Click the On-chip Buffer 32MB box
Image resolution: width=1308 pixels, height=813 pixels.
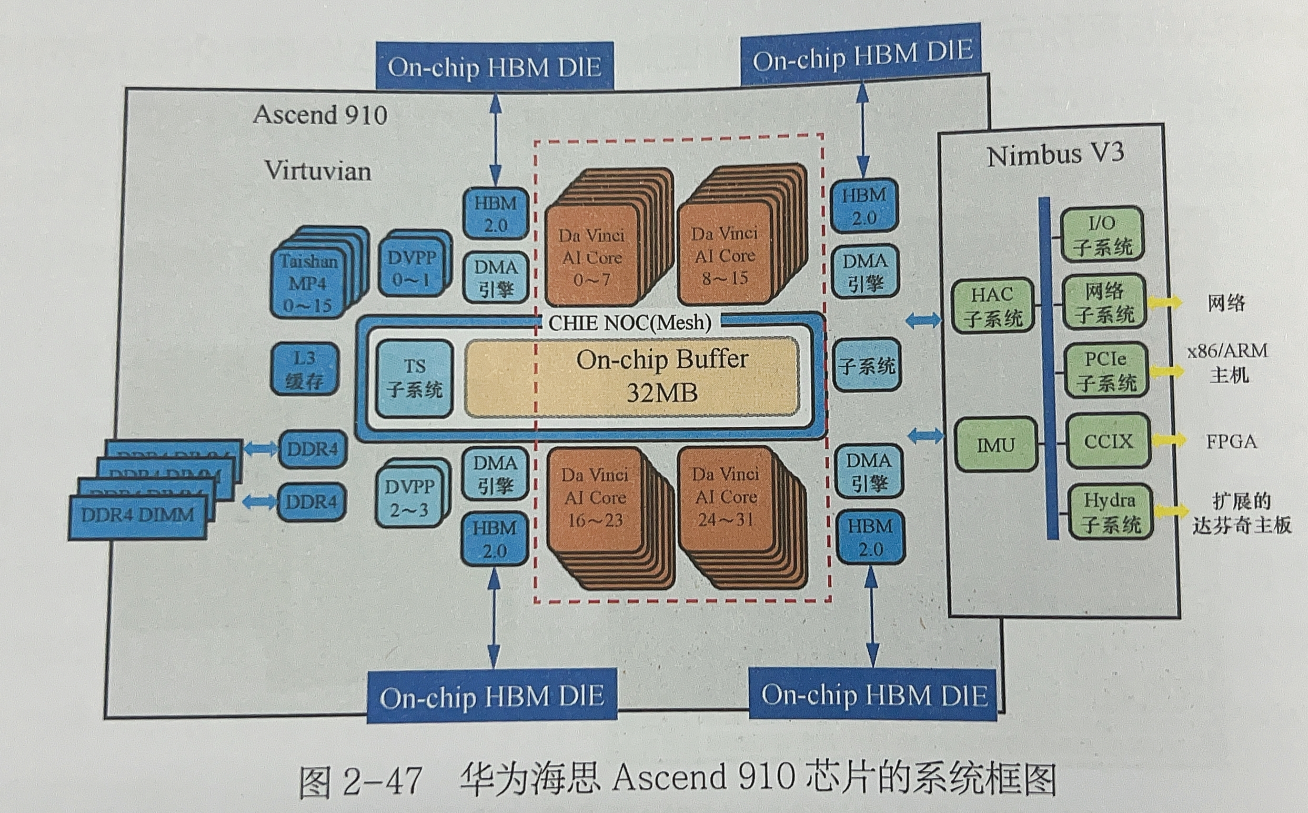pyautogui.click(x=632, y=377)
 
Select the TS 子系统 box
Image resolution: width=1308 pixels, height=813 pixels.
pyautogui.click(x=414, y=378)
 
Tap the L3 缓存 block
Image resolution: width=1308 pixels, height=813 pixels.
pyautogui.click(x=304, y=369)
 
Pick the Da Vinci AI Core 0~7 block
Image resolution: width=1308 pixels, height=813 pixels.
pyautogui.click(x=591, y=257)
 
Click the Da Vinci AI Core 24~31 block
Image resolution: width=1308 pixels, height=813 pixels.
pyautogui.click(x=725, y=497)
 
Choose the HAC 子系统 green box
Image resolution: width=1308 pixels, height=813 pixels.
pyautogui.click(x=992, y=305)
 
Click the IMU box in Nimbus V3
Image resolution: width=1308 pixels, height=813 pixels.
pyautogui.click(x=995, y=445)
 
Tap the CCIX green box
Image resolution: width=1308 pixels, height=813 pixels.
pyautogui.click(x=1108, y=441)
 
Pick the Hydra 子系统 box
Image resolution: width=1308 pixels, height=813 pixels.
pyautogui.click(x=1110, y=511)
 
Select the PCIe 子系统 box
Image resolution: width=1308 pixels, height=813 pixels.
pyautogui.click(x=1106, y=370)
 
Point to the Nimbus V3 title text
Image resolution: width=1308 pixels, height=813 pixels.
pyautogui.click(x=1055, y=155)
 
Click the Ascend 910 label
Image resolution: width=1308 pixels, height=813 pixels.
pyautogui.click(x=320, y=115)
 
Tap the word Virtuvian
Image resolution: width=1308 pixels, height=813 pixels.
pyautogui.click(x=318, y=171)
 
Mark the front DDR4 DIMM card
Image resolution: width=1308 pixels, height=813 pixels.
pyautogui.click(x=138, y=517)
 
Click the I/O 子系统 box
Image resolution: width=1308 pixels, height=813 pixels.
pyautogui.click(x=1102, y=235)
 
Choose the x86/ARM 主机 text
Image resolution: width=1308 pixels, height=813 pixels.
pyautogui.click(x=1228, y=363)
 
